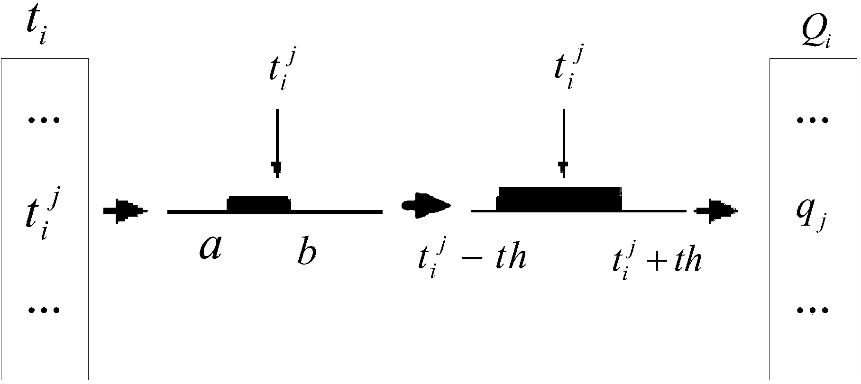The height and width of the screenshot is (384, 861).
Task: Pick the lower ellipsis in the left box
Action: pyautogui.click(x=44, y=311)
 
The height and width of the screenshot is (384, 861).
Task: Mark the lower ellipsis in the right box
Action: pyautogui.click(x=813, y=311)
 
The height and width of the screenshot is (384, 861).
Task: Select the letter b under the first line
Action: pyautogui.click(x=307, y=253)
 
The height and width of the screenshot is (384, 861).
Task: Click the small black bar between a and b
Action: pyautogui.click(x=259, y=204)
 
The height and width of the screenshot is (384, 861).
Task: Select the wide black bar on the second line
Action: pyautogui.click(x=559, y=199)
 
